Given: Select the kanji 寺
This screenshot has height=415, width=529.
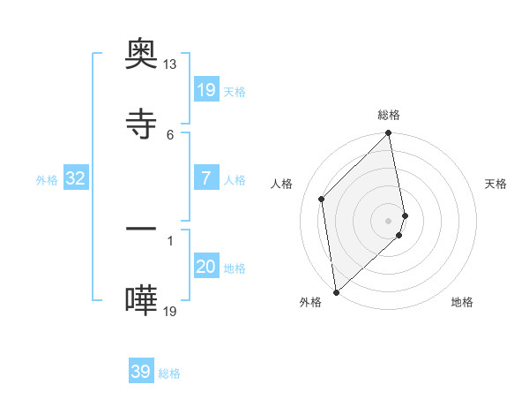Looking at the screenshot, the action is click(x=141, y=124).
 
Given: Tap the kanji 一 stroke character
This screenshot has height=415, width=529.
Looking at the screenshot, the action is click(x=141, y=231).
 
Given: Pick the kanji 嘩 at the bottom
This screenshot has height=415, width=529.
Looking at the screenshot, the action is click(x=141, y=301).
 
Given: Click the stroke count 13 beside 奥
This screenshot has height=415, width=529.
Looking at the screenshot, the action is click(x=169, y=65).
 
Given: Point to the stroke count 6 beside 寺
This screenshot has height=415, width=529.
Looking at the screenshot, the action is click(x=170, y=134).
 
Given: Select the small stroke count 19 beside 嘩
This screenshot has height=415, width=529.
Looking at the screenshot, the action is click(x=170, y=311).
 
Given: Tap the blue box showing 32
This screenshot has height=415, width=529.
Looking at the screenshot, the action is click(x=76, y=178).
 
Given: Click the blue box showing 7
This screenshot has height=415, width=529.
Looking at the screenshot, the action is click(x=206, y=178).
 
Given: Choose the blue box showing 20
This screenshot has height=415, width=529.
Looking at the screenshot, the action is click(x=206, y=267).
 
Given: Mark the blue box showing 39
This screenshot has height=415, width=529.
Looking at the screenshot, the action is click(x=141, y=372).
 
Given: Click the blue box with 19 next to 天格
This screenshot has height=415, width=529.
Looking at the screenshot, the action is click(x=206, y=89).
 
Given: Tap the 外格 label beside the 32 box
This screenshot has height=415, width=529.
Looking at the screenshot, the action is click(x=47, y=180).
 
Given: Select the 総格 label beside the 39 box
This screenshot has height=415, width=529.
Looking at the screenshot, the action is click(x=169, y=373).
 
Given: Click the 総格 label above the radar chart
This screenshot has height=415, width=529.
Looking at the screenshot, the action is click(x=389, y=115).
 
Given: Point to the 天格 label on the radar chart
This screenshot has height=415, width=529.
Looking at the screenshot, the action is click(x=496, y=184).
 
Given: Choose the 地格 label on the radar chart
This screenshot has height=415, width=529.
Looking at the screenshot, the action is click(x=462, y=302).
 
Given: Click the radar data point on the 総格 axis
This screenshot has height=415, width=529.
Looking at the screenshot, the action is click(x=389, y=134).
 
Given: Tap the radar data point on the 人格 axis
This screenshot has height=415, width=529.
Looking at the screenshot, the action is click(x=322, y=199).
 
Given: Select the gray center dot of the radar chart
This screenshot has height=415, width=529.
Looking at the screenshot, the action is click(x=389, y=220).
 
